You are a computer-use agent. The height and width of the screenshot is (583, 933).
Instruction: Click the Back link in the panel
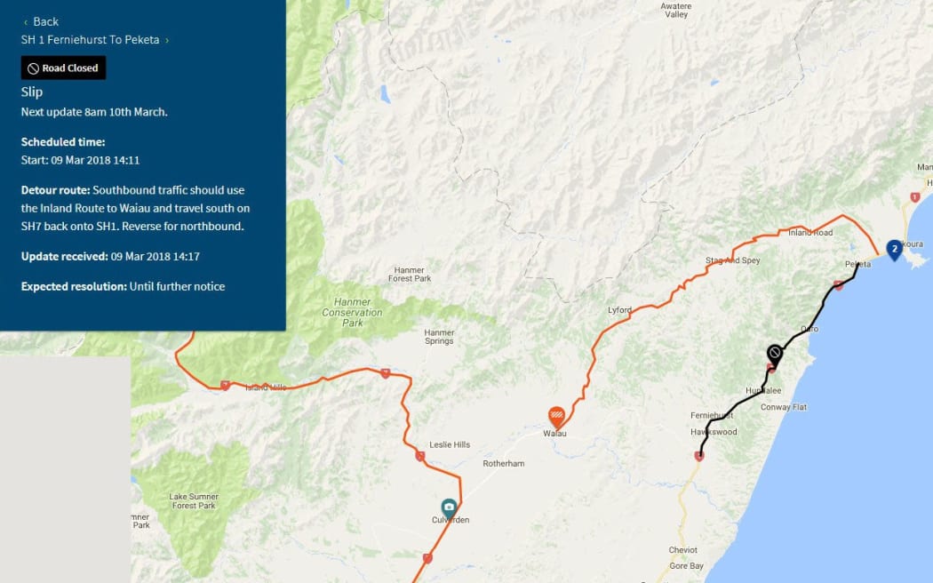[x=41, y=21]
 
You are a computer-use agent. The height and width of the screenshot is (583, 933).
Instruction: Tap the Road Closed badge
[x=63, y=68]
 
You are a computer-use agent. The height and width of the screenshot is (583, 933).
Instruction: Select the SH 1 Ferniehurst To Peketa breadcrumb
[x=91, y=39]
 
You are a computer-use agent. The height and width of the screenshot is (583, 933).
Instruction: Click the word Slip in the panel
[x=32, y=92]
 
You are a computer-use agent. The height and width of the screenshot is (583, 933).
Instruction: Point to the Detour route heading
[x=56, y=190]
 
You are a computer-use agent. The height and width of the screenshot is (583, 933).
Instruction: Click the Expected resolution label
[x=74, y=286]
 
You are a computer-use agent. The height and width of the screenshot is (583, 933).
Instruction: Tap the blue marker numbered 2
[x=894, y=249]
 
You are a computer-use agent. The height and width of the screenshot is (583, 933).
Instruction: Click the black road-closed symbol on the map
[x=775, y=354]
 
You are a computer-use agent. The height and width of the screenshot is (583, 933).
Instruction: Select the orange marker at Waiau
[x=556, y=415]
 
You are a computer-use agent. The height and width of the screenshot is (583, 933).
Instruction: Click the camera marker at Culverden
[x=449, y=507]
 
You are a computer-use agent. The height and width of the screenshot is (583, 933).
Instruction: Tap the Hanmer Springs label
[x=439, y=337]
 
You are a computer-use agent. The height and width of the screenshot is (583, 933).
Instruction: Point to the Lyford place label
[x=619, y=310]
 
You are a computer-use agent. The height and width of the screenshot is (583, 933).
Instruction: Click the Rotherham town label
[x=504, y=463]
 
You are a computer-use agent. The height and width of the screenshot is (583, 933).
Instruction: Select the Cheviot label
[x=682, y=550]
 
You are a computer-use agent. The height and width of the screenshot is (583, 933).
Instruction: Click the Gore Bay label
[x=686, y=565]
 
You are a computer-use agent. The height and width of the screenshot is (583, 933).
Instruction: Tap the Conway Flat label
[x=783, y=407]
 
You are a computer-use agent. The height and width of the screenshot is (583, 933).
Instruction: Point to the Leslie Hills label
[x=450, y=444]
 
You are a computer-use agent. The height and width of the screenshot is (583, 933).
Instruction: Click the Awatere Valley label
[x=676, y=10]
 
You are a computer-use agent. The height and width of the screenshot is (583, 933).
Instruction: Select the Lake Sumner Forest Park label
[x=192, y=500]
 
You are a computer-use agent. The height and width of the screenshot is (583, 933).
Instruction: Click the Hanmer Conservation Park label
[x=352, y=312]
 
